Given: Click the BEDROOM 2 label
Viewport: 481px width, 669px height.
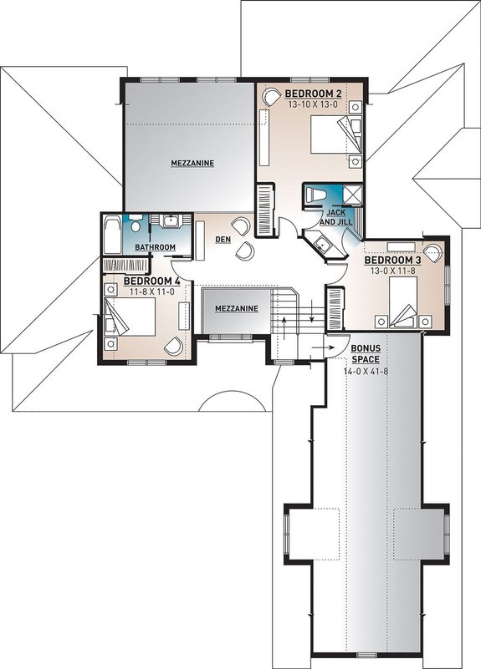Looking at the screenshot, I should coord(311,93).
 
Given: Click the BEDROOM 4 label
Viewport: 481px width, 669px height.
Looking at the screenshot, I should coord(152,281).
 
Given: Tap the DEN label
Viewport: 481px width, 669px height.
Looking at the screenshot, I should coord(223,239).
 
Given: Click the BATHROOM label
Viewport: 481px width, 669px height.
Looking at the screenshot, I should coord(156,247).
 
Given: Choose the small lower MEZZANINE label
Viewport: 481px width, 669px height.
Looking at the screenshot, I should coord(236,308).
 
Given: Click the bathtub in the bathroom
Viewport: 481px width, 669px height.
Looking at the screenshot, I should coord(112,234).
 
